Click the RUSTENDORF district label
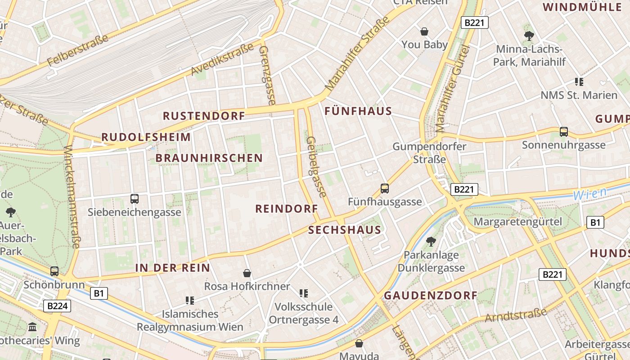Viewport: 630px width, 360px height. (x=204, y=116)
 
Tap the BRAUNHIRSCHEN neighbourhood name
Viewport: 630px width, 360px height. (x=209, y=158)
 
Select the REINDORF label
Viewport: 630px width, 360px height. (x=287, y=209)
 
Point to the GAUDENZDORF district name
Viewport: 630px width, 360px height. (x=430, y=296)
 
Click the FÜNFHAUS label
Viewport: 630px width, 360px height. (x=358, y=111)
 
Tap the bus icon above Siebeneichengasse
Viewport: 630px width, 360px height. (x=134, y=198)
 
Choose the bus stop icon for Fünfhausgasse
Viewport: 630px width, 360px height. (x=384, y=189)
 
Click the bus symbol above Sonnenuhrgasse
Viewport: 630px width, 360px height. (x=563, y=132)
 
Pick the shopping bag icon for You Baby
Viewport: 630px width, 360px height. (x=424, y=31)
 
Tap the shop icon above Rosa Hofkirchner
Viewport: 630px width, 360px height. (x=247, y=273)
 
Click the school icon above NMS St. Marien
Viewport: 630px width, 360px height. (x=579, y=82)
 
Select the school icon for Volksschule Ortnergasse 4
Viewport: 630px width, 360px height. (x=304, y=293)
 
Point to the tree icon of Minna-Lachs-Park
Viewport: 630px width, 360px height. (x=529, y=36)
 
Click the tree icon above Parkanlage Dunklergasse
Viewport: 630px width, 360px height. (x=431, y=241)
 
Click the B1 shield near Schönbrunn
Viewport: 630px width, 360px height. (x=99, y=294)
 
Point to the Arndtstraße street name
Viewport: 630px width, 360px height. (x=515, y=315)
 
